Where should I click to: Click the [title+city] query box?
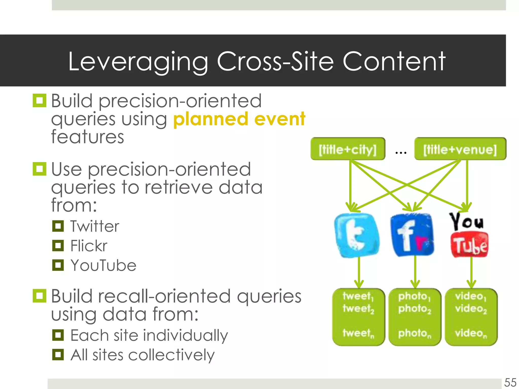pyautogui.click(x=348, y=149)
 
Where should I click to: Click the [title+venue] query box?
pyautogui.click(x=460, y=149)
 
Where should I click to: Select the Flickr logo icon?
pyautogui.click(x=412, y=235)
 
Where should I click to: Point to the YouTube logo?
pyautogui.click(x=469, y=235)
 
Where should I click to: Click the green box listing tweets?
pyautogui.click(x=358, y=317)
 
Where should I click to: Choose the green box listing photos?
pyautogui.click(x=415, y=317)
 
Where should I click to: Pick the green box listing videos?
pyautogui.click(x=471, y=317)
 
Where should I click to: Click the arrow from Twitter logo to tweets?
pyautogui.click(x=359, y=273)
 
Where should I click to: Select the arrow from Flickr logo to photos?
pyautogui.click(x=415, y=273)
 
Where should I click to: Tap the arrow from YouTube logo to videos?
pyautogui.click(x=471, y=273)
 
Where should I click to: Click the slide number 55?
pyautogui.click(x=510, y=382)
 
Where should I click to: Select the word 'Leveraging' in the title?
pyautogui.click(x=138, y=62)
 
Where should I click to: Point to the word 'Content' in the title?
pyautogui.click(x=394, y=62)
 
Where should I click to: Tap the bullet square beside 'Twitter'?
pyautogui.click(x=58, y=226)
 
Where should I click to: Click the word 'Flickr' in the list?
pyautogui.click(x=89, y=246)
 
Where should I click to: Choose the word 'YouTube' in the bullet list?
pyautogui.click(x=103, y=265)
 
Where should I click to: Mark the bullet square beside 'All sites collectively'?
pyautogui.click(x=58, y=355)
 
